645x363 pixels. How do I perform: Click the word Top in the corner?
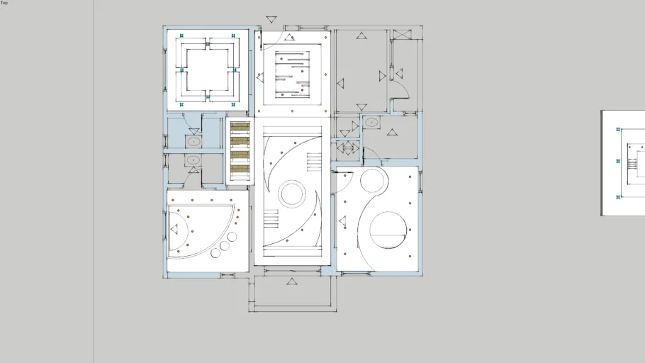[x=4, y=2]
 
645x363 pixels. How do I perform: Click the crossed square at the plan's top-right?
[x=401, y=34]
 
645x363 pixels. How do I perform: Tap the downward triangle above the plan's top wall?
[x=271, y=19]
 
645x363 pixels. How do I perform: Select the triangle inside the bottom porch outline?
[x=291, y=281]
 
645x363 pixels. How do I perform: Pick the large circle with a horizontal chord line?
[x=388, y=230]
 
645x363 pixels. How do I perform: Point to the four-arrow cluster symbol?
[x=348, y=147]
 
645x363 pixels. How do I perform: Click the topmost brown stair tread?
[x=240, y=125]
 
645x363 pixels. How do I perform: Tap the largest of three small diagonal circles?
[x=232, y=237]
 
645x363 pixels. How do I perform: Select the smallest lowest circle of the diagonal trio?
[x=215, y=253]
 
